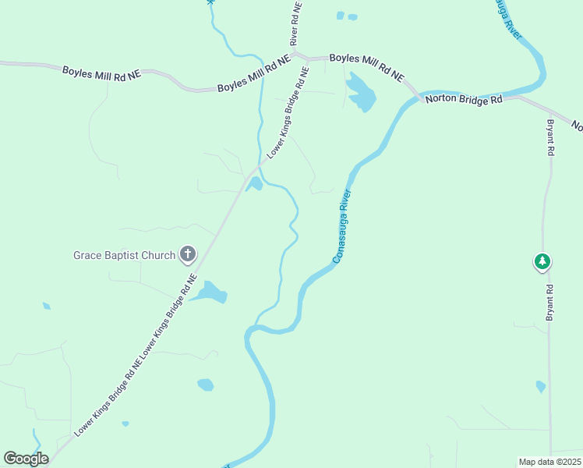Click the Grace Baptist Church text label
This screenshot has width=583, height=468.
[124, 255]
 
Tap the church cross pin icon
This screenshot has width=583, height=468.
[188, 253]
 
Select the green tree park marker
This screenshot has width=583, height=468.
[542, 262]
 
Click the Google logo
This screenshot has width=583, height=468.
[26, 459]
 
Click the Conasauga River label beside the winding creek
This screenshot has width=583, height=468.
[343, 225]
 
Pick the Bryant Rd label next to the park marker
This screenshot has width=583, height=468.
[550, 302]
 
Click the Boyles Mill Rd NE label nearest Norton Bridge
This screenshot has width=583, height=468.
[366, 67]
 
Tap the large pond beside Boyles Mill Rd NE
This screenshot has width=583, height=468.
[361, 93]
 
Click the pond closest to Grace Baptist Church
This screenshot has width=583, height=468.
[210, 293]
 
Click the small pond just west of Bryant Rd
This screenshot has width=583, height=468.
[541, 386]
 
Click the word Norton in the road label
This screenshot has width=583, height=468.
[441, 101]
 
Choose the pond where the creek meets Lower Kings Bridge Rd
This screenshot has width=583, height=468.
[255, 184]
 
